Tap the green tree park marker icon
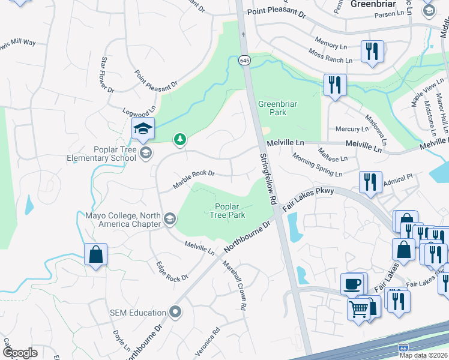click(x=179, y=140)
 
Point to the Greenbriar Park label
click(x=277, y=108)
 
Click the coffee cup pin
click(x=352, y=283)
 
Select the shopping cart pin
click(x=359, y=310)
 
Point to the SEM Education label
click(x=137, y=312)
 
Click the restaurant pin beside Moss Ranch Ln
click(x=372, y=52)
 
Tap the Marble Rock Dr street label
click(x=194, y=178)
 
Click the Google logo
click(x=20, y=352)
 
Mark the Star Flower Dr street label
click(x=107, y=75)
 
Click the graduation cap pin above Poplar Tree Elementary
click(x=143, y=128)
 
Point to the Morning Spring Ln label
click(x=317, y=165)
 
